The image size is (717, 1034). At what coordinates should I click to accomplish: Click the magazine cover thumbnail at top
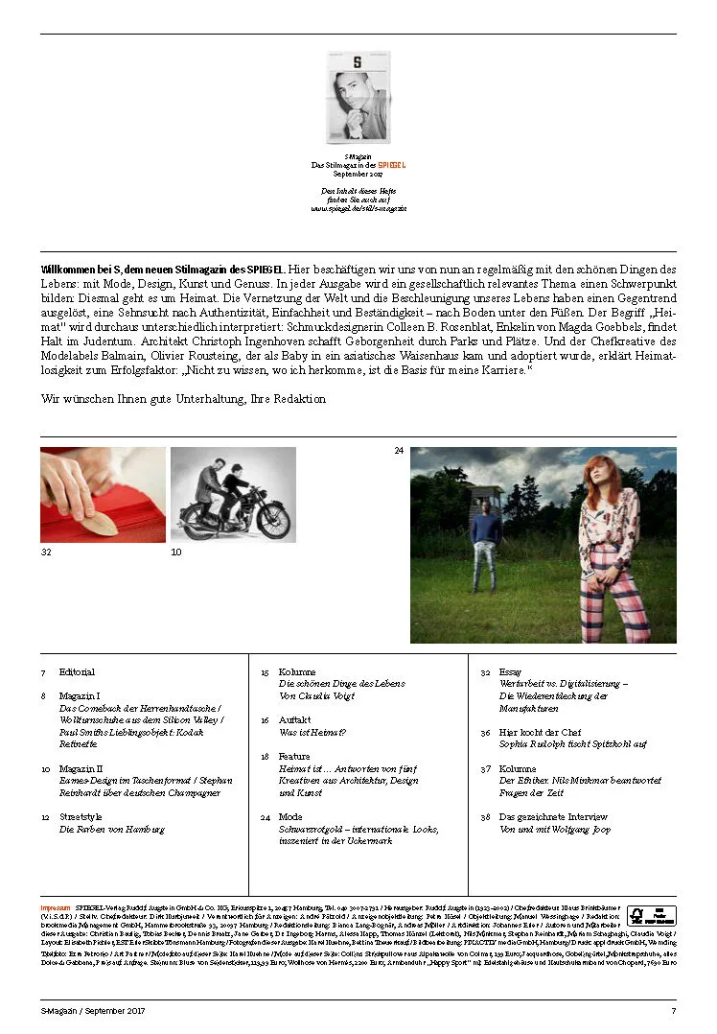tap(358, 97)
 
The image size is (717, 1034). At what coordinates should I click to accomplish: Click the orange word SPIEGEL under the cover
tap(391, 165)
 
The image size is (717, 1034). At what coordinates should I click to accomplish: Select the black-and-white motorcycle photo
tap(233, 494)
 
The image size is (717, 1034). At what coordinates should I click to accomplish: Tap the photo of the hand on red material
tap(103, 494)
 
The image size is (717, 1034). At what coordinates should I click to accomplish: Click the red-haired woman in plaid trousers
tap(610, 547)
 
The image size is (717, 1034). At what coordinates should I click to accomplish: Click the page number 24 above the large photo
tap(399, 450)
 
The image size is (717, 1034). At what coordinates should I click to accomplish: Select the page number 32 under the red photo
tap(45, 552)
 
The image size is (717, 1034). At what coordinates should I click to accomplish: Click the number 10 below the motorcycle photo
tap(175, 552)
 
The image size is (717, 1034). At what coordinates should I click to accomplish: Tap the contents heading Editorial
tap(77, 672)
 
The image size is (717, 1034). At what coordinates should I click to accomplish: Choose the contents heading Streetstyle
tap(81, 816)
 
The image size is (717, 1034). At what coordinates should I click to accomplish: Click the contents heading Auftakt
tap(294, 719)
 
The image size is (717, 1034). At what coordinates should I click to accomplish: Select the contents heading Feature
tap(295, 757)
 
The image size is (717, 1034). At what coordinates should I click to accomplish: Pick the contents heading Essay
tap(510, 672)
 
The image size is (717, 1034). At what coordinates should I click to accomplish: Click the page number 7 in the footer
tap(673, 1010)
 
